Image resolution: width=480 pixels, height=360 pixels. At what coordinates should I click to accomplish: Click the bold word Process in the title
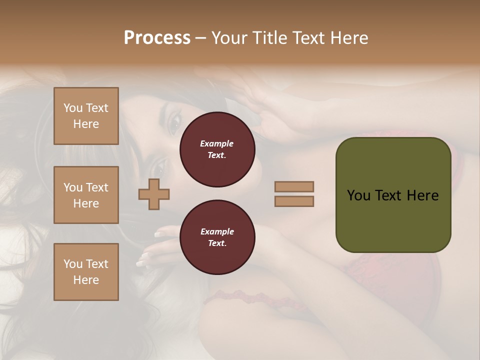click(157, 38)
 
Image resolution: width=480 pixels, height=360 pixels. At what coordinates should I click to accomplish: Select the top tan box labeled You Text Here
click(86, 116)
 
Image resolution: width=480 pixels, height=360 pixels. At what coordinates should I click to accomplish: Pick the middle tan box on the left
click(86, 195)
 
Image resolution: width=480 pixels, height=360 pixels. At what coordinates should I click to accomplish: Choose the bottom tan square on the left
click(86, 272)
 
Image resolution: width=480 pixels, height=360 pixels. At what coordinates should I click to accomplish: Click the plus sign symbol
click(154, 194)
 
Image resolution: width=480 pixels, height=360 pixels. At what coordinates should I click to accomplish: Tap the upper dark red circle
click(217, 149)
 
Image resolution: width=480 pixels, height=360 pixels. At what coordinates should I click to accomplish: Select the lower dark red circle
click(217, 237)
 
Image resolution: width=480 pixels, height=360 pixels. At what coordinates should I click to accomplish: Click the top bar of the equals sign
click(294, 186)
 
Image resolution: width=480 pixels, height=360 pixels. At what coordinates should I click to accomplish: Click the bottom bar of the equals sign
click(294, 201)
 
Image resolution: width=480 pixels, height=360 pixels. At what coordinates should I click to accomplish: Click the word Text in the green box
click(389, 195)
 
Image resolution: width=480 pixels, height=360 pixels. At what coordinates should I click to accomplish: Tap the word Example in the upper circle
click(217, 143)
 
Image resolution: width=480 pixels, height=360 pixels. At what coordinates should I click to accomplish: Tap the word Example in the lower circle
click(217, 231)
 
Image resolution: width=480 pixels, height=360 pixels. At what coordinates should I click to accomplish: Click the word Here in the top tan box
click(86, 124)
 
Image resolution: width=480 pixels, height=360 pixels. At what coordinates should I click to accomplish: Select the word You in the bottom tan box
click(73, 264)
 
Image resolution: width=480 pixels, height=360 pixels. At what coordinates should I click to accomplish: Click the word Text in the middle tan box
click(96, 187)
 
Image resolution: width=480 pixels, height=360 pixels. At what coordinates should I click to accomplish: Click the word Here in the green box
click(422, 195)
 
